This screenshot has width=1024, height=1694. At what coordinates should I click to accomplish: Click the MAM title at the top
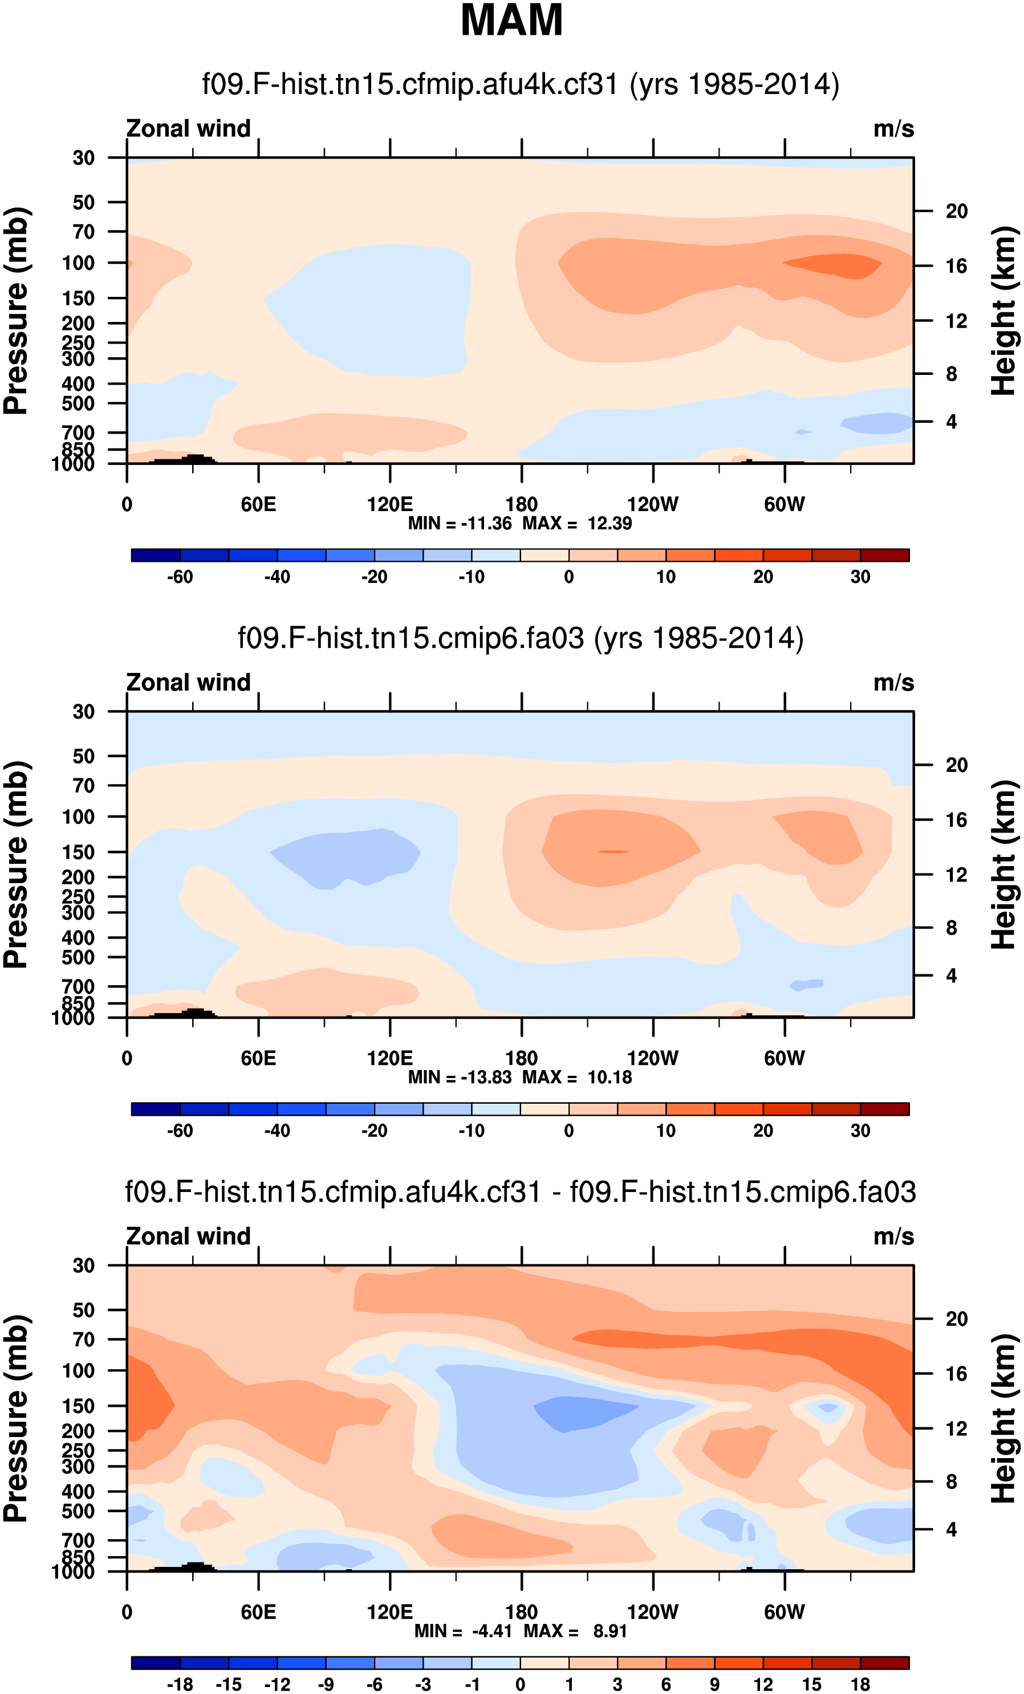point(511,21)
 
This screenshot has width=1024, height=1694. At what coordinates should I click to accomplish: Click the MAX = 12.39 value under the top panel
point(577,524)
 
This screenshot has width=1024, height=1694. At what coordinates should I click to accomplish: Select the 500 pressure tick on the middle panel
point(79,957)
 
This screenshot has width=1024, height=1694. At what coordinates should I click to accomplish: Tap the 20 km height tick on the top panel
point(956,211)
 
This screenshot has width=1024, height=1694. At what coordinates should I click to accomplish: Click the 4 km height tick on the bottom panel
point(951,1530)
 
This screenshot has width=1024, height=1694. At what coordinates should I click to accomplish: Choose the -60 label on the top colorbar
point(180,577)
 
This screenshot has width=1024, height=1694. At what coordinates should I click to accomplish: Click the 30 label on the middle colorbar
point(860,1130)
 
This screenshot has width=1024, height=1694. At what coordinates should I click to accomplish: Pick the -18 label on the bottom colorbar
point(180,1684)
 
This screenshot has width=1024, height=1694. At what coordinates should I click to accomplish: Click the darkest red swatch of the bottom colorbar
point(884,1663)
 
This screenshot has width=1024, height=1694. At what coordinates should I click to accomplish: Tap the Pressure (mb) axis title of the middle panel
point(17,864)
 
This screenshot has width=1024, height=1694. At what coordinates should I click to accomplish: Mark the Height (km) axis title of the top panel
point(1003,311)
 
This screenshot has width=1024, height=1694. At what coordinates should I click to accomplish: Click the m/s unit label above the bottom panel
point(893,1236)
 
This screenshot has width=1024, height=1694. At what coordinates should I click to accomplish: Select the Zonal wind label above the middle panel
point(188,683)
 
